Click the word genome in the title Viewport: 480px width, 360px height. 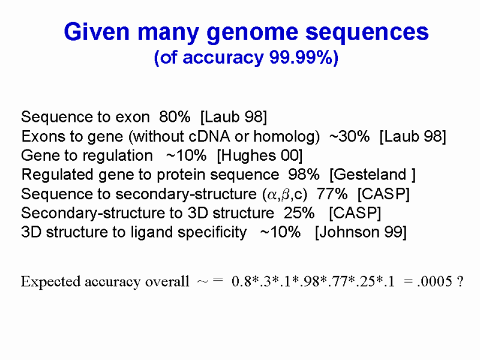(252, 33)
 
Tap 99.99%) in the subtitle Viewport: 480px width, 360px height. (304, 57)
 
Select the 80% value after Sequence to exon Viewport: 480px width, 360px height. (175, 116)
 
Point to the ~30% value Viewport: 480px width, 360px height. (350, 136)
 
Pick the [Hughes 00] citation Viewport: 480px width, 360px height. (260, 156)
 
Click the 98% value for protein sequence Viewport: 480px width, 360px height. (304, 175)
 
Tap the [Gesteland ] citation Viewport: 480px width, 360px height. (373, 175)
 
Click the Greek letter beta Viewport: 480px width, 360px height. (286, 194)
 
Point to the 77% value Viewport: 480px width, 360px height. (332, 194)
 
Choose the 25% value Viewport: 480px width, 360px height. (299, 213)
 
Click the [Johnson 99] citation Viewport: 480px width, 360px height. (361, 232)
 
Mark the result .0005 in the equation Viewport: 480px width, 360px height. (434, 281)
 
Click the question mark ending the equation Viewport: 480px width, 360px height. (460, 281)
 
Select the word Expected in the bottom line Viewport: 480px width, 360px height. (51, 282)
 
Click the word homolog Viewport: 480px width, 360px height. (287, 137)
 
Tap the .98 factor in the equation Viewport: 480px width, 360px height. (310, 281)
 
